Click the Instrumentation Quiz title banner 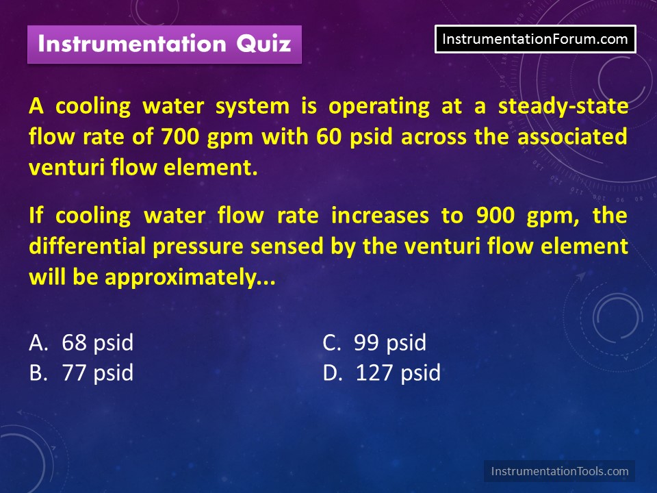[164, 45]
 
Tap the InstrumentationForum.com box [535, 39]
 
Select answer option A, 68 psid [81, 342]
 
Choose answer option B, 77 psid [81, 372]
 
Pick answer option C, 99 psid [374, 342]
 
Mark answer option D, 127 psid [382, 372]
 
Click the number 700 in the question [180, 137]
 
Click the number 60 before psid [329, 137]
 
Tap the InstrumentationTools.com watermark [559, 471]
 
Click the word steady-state [563, 107]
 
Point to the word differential [87, 246]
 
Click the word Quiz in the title [263, 44]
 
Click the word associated [572, 137]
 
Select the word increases [380, 216]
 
